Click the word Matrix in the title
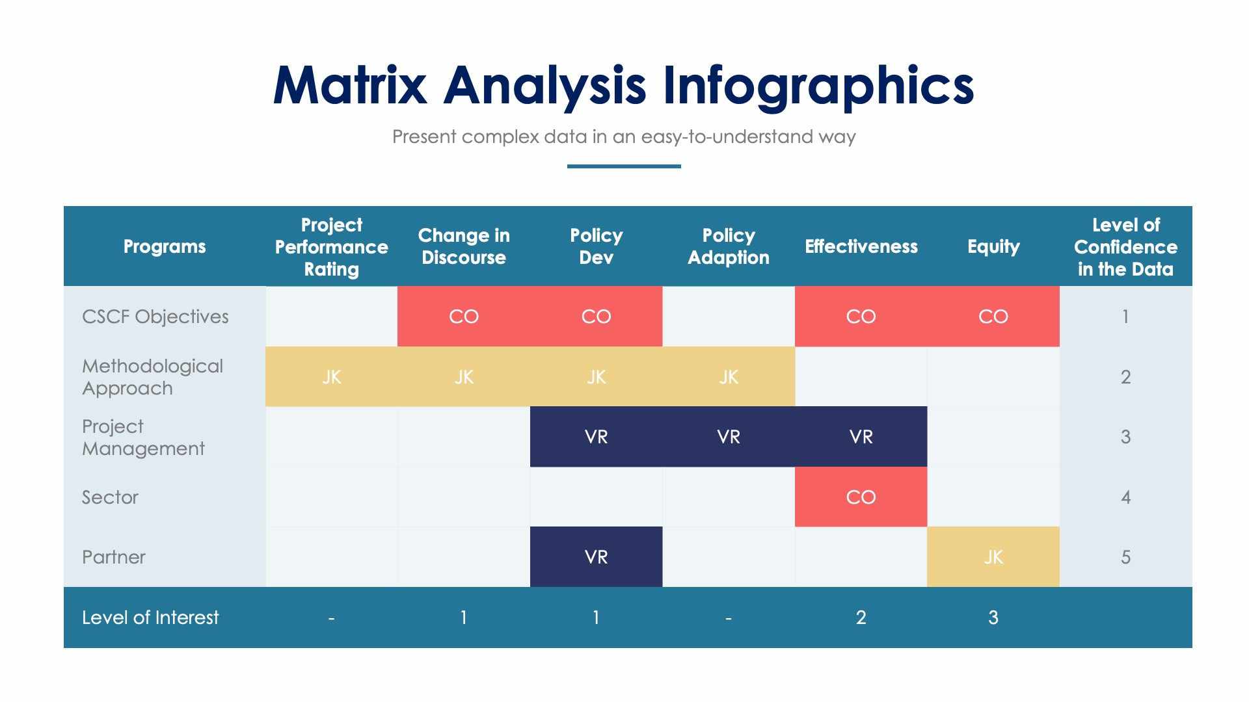tap(350, 86)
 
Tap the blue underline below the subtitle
tap(623, 166)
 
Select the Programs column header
tap(165, 246)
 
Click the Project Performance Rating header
tap(331, 246)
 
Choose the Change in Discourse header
tap(464, 246)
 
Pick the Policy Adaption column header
tap(728, 246)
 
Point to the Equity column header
tap(993, 246)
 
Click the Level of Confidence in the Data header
tap(1125, 246)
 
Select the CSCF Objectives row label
tap(155, 317)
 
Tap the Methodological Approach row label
tap(152, 377)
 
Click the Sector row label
tap(110, 497)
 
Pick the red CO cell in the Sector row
tap(861, 497)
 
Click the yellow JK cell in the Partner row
tap(993, 557)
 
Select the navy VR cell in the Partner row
tap(596, 557)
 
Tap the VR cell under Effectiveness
tap(861, 437)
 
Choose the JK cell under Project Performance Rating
tap(331, 377)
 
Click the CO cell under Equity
tap(993, 317)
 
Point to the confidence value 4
tap(1125, 497)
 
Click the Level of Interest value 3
tap(993, 617)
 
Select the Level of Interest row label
tap(150, 617)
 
